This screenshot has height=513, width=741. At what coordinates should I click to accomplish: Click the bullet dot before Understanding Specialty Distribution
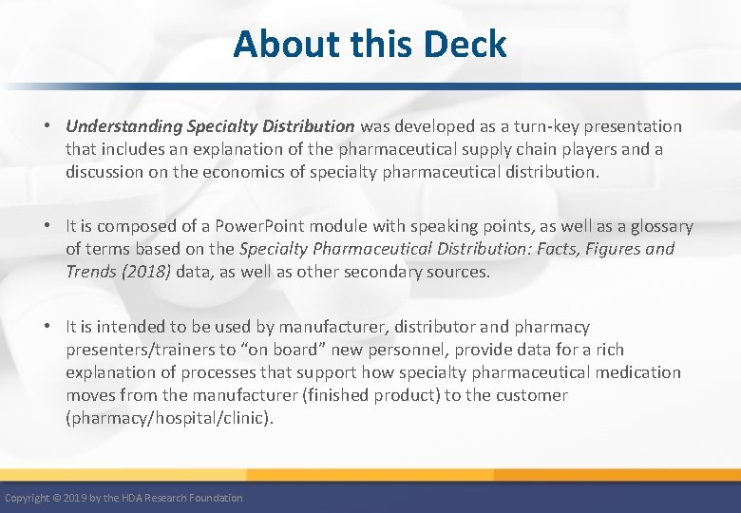[x=47, y=126]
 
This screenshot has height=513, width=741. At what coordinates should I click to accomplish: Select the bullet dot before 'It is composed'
[x=47, y=226]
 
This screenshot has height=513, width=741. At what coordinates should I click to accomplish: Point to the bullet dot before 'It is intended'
[x=47, y=327]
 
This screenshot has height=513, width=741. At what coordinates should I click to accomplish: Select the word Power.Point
[x=243, y=226]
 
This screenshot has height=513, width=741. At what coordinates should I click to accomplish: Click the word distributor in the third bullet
[x=446, y=327]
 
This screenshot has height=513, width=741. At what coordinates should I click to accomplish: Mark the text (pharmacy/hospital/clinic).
[x=169, y=418]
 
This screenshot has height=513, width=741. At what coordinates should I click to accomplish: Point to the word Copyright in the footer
[x=28, y=498]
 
